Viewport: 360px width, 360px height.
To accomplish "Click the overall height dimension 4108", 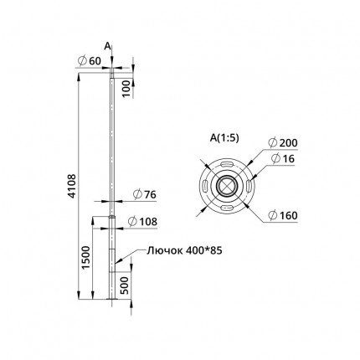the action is tap(72, 186).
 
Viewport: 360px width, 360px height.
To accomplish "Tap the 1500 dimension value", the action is tap(86, 257).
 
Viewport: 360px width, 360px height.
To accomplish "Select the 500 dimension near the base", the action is tap(125, 285).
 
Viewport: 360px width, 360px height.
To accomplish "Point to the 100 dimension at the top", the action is tap(126, 88).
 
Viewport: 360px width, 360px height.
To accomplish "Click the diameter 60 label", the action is tap(90, 61).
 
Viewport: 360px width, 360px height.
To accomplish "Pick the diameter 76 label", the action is tap(145, 194).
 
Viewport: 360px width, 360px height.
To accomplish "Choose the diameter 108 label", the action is tap(142, 222).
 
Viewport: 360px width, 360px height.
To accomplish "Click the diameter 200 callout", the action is tap(283, 143).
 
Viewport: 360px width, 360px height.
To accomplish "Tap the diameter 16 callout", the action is tap(283, 159).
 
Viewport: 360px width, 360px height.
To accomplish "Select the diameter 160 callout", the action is tap(283, 215).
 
